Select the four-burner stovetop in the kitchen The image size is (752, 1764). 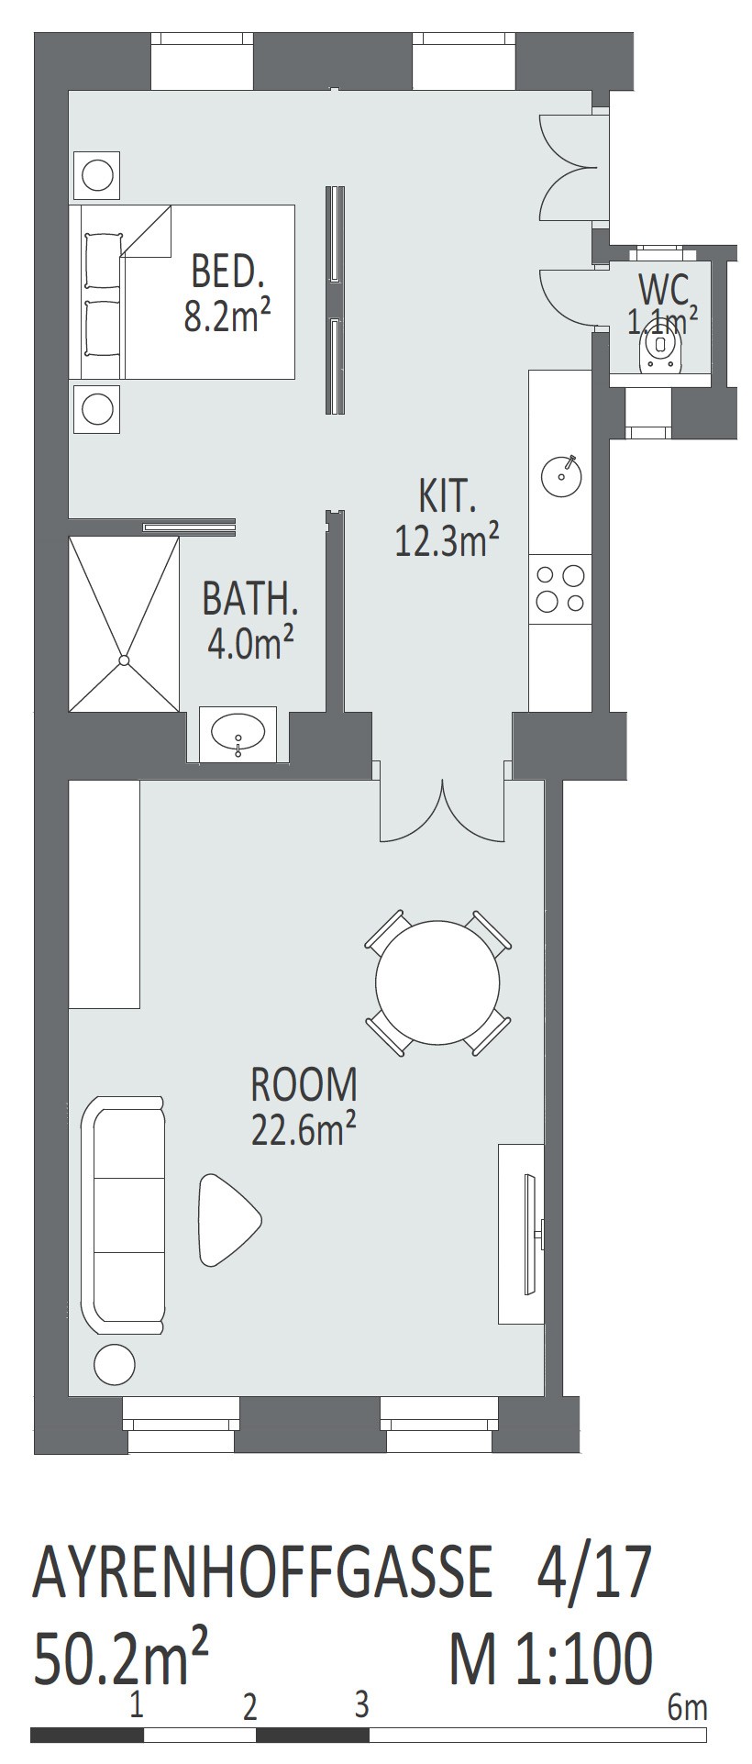[x=560, y=589]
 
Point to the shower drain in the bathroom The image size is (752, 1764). [x=124, y=660]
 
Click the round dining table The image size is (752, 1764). [x=438, y=982]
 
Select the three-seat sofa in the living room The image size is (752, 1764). [x=123, y=1215]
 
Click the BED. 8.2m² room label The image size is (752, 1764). [x=227, y=293]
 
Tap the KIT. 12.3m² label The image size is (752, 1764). [x=447, y=518]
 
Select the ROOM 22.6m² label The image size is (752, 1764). [x=304, y=1106]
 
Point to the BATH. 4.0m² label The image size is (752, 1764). [x=250, y=621]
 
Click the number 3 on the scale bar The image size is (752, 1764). [x=362, y=1704]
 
